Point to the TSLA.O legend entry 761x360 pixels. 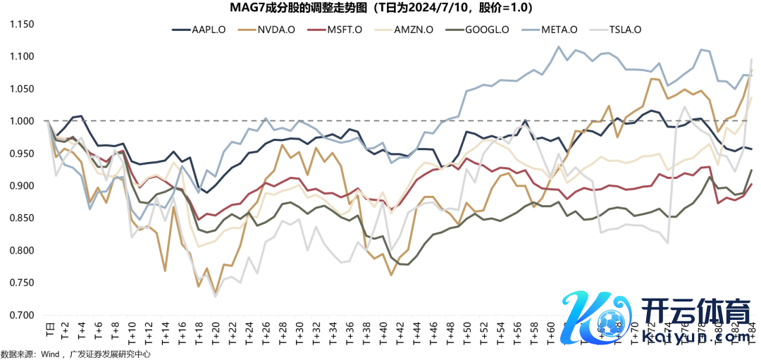pos(624,30)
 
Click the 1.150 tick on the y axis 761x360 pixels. pos(23,24)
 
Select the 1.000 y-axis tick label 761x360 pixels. pos(23,121)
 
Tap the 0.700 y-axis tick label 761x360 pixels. pos(23,315)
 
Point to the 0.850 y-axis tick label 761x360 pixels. pos(23,218)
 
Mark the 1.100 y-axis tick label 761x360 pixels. pos(23,56)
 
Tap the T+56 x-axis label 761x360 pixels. pos(518,333)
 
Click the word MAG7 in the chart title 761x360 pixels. pos(245,8)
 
